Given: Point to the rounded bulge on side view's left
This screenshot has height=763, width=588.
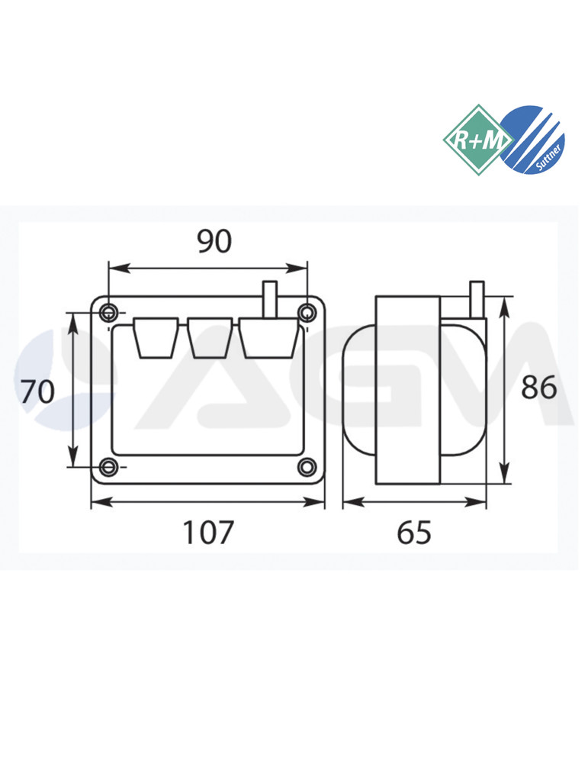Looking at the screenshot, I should tap(358, 391).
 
